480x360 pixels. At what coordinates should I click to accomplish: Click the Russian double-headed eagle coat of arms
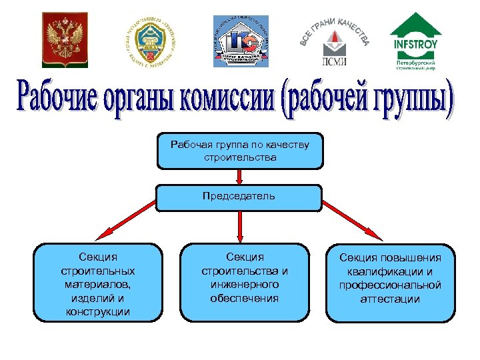65,39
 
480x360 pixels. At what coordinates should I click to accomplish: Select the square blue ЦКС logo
240,40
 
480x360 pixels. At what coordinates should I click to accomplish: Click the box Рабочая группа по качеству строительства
240,151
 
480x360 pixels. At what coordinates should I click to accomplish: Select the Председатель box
240,197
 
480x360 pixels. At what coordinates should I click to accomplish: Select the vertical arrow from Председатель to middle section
240,227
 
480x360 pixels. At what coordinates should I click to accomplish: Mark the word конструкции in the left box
98,311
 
